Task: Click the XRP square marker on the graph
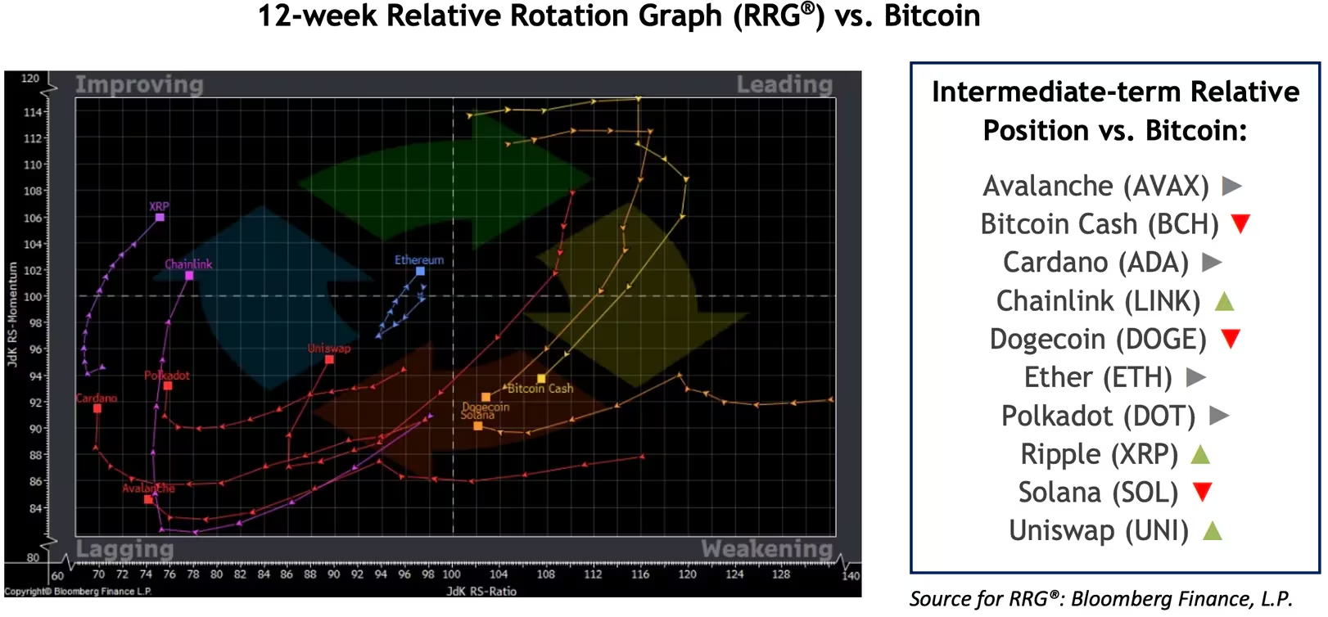tap(160, 217)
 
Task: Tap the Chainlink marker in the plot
tap(189, 276)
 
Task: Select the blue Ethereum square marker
tap(420, 271)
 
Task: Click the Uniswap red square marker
tap(329, 359)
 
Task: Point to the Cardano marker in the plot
tap(97, 408)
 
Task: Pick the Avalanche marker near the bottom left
tap(148, 499)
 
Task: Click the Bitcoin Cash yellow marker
tap(541, 378)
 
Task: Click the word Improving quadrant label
tap(139, 85)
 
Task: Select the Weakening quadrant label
tap(766, 548)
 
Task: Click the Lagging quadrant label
tap(124, 548)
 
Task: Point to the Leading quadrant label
tap(784, 84)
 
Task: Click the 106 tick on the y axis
tap(32, 218)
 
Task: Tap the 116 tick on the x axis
tap(640, 574)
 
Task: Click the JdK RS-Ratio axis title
tap(481, 591)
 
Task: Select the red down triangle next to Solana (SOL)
tap(1201, 492)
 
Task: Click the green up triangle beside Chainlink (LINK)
tap(1223, 301)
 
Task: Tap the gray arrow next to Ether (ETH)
tap(1195, 377)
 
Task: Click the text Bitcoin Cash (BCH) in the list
tap(1099, 224)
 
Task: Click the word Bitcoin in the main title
tap(932, 16)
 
